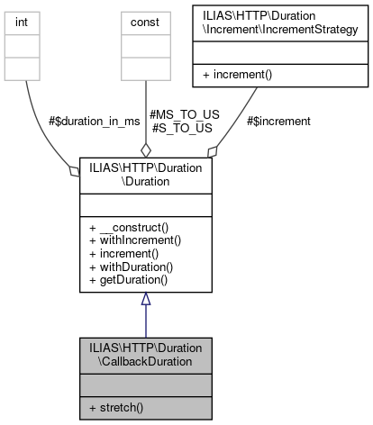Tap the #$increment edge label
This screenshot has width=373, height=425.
(x=278, y=121)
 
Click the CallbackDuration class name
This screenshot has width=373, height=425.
(x=145, y=353)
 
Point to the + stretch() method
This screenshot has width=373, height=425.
(x=117, y=407)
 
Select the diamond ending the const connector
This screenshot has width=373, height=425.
(x=145, y=149)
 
